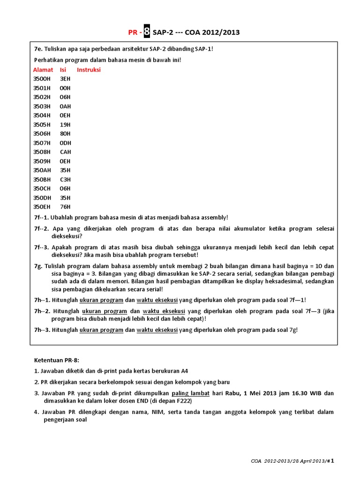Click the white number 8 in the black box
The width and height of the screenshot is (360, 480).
point(147,32)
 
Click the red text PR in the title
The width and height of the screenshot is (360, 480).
point(133,32)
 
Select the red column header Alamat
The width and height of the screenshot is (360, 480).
point(43,70)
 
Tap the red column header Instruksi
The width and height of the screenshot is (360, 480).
point(89,70)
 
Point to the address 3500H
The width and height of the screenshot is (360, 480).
point(42,79)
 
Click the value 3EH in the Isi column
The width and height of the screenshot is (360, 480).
point(65,79)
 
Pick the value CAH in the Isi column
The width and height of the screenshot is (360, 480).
point(65,152)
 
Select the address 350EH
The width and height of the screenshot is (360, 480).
point(42,206)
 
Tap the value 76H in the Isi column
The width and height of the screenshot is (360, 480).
point(65,206)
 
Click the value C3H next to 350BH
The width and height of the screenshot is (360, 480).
point(65,179)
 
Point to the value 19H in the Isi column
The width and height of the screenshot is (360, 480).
point(65,125)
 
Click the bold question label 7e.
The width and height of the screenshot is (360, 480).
point(38,49)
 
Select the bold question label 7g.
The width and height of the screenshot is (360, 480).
point(38,265)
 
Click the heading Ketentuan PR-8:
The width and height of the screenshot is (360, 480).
point(57,360)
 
